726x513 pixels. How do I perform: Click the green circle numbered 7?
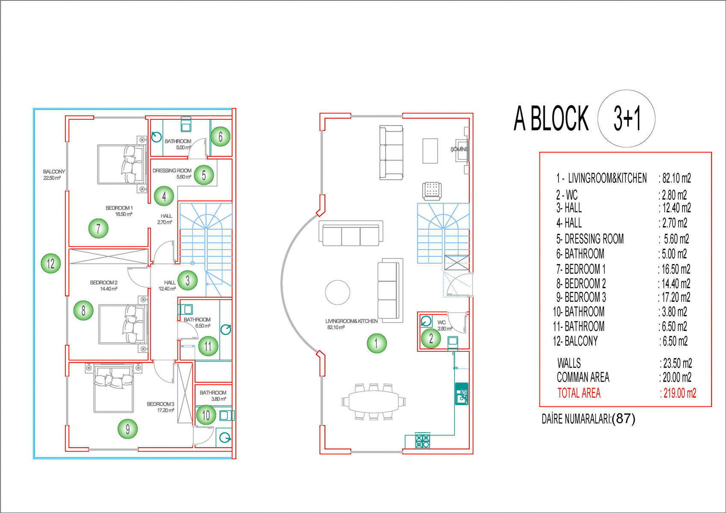(98, 228)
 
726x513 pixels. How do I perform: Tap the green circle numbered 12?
(51, 263)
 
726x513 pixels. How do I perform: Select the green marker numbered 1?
(377, 343)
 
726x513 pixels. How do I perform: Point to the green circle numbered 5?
(204, 175)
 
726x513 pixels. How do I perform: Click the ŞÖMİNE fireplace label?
(459, 149)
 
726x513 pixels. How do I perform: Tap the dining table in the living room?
(373, 402)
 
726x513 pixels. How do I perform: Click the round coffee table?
(337, 292)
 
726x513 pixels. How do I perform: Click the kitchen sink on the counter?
(461, 394)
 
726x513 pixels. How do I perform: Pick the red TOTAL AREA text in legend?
(579, 393)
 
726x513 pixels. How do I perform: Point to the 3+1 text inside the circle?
(627, 118)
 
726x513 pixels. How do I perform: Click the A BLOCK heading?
(551, 118)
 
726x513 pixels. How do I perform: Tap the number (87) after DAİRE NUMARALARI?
(623, 419)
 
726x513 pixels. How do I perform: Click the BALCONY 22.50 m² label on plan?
(54, 175)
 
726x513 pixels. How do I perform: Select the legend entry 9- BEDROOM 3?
(581, 297)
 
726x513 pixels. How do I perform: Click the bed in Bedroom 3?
(113, 388)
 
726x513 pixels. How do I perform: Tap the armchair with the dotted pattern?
(432, 191)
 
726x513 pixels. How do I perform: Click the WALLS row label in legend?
(569, 363)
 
